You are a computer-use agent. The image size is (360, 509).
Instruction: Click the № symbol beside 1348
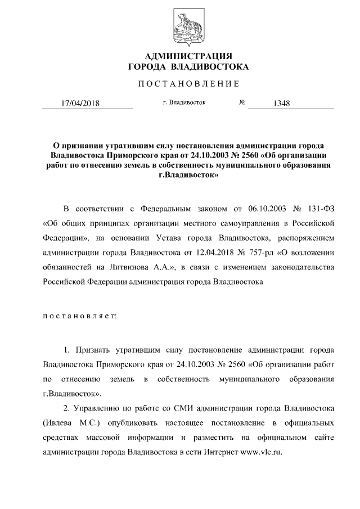pyautogui.click(x=243, y=103)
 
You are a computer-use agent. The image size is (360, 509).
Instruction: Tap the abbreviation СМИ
pyautogui.click(x=168, y=408)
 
